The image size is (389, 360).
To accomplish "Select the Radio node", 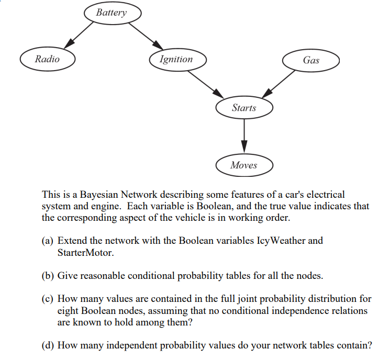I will point(47,59).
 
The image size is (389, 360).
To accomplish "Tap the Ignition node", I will point(176,59).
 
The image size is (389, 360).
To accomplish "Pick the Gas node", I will point(310,60).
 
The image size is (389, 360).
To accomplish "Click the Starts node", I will point(244,108).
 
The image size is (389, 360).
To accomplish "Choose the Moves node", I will point(244,165).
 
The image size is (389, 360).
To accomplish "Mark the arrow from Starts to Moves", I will point(244,137).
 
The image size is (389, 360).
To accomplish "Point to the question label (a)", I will point(48,241).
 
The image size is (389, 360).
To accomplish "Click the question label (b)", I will point(48,275).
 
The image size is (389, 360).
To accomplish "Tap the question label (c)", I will point(48,299).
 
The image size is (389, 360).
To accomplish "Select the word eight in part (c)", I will point(68,310).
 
